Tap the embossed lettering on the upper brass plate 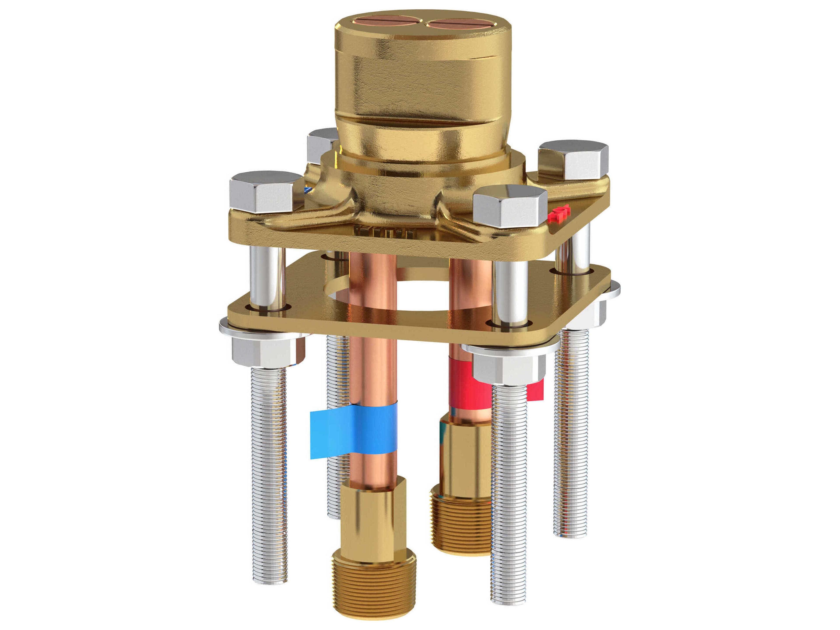point(383,231)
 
